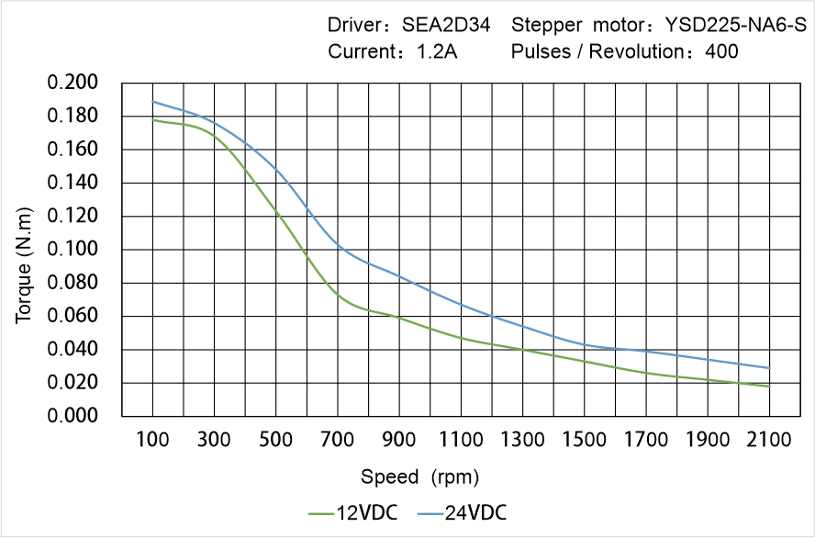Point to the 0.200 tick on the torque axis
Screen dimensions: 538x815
tap(73, 83)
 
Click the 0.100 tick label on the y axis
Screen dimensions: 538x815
tap(73, 250)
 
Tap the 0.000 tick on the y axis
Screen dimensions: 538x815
tap(73, 416)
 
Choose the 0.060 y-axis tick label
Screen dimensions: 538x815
tap(73, 317)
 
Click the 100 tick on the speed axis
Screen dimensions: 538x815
tap(152, 441)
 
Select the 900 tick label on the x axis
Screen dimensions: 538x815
tap(399, 441)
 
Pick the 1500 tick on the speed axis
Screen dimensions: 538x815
tap(584, 441)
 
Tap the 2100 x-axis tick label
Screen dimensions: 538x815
tap(769, 441)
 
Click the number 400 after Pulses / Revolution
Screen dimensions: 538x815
tap(722, 51)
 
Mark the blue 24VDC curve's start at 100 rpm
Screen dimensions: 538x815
tap(152, 101)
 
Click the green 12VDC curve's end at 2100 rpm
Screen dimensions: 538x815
tap(769, 387)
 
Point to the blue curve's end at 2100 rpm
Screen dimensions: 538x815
tap(769, 368)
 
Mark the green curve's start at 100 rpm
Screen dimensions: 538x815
tap(152, 119)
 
